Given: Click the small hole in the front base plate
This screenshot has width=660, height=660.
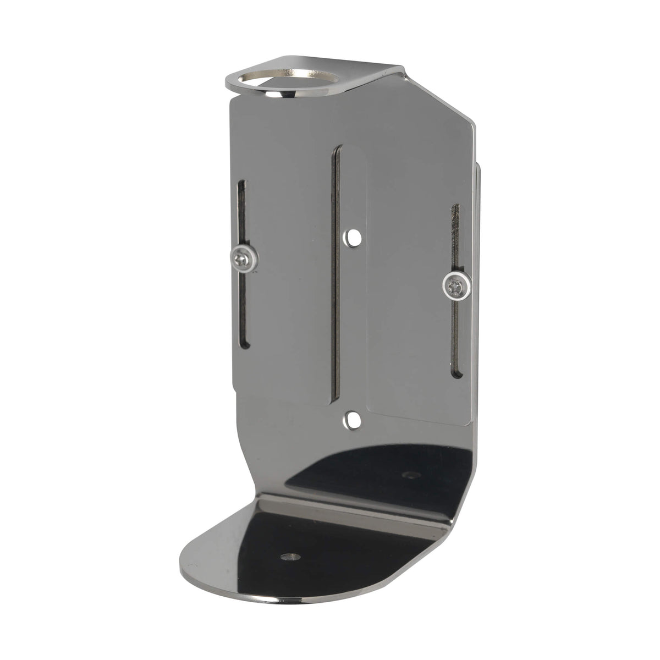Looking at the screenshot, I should coord(290,557).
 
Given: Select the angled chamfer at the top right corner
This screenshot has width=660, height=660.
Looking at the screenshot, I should coord(440,99).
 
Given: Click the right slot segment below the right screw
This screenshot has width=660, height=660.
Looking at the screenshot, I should coord(455,341).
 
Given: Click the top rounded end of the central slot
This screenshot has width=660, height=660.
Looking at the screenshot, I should coord(338,150).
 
